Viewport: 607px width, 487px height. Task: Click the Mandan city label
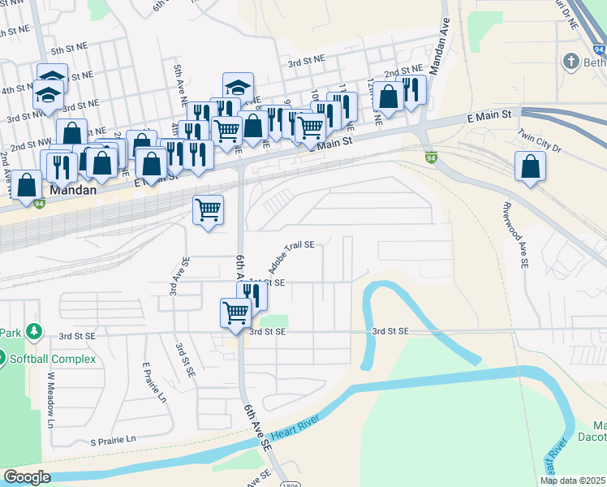pyautogui.click(x=74, y=191)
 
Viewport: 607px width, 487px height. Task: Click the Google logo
pyautogui.click(x=27, y=477)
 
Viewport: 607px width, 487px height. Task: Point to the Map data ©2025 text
pyautogui.click(x=571, y=481)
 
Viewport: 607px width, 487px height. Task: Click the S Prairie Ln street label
pyautogui.click(x=113, y=441)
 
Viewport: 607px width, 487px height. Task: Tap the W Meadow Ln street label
pyautogui.click(x=50, y=400)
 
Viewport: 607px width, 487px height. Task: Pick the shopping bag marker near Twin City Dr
pyautogui.click(x=530, y=167)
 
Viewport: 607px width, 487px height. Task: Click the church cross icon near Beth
pyautogui.click(x=571, y=62)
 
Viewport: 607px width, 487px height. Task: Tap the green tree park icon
pyautogui.click(x=33, y=332)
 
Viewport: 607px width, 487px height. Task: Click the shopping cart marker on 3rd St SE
pyautogui.click(x=235, y=312)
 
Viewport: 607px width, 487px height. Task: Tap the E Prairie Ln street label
pyautogui.click(x=153, y=382)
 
